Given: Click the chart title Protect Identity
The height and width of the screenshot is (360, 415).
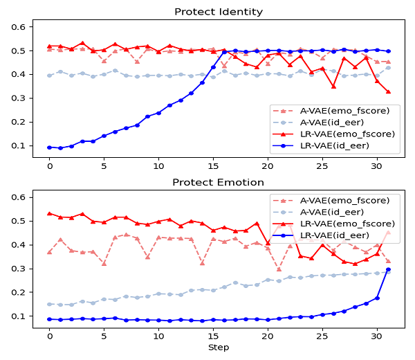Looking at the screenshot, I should (x=219, y=11).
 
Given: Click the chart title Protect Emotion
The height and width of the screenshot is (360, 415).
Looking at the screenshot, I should (x=219, y=182).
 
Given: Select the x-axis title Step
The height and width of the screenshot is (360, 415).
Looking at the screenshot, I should (x=219, y=347).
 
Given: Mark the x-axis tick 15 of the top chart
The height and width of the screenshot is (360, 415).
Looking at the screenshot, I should (x=213, y=167).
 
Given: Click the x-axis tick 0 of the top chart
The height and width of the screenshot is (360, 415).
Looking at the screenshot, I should (x=49, y=167).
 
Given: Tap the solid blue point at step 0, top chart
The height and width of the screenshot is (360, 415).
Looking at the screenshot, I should (x=49, y=147).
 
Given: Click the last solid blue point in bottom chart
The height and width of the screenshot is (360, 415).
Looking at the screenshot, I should (x=388, y=269).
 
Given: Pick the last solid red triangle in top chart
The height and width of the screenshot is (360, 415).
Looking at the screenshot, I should (x=388, y=91).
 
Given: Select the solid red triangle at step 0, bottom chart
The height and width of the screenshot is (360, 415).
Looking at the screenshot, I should (x=49, y=214).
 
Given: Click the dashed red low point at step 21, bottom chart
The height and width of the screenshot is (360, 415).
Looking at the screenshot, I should (x=279, y=269).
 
